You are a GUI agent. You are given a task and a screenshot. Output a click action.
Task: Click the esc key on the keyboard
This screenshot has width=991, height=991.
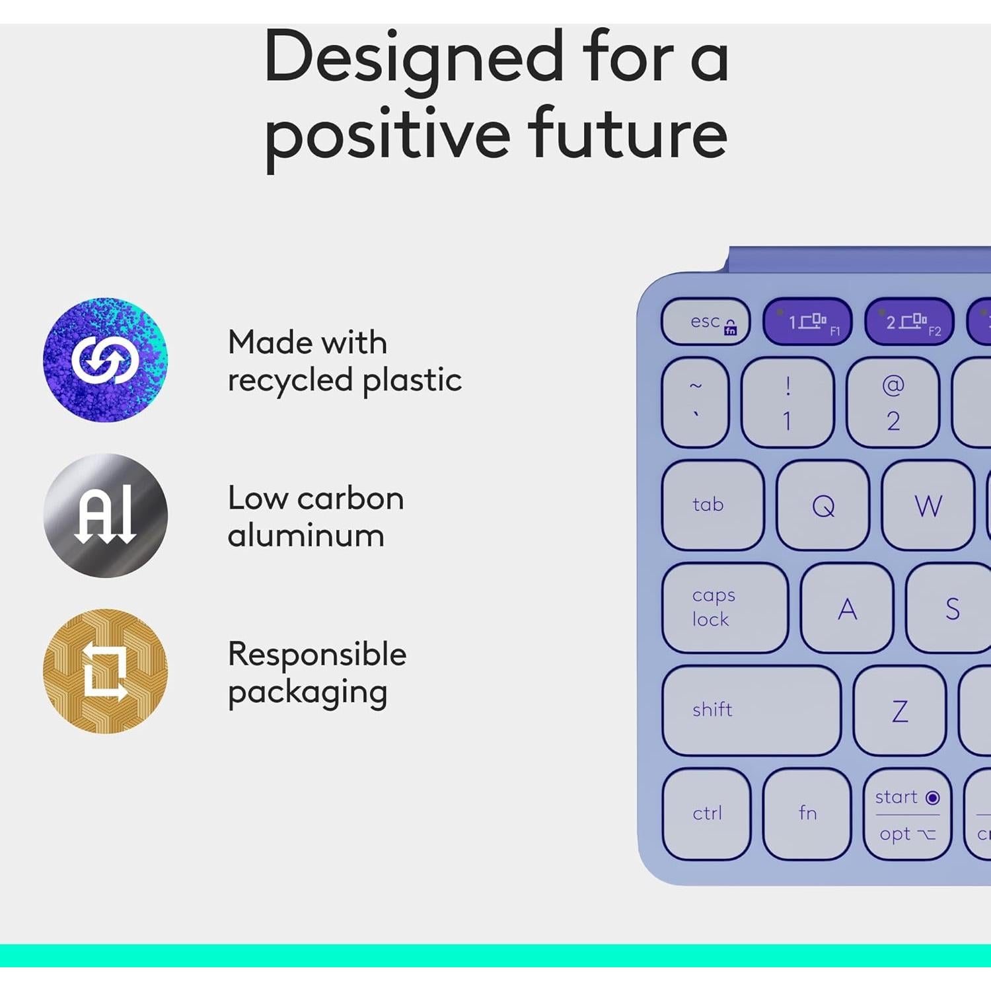pos(706,322)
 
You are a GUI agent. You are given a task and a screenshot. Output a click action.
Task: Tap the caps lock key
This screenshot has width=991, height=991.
pos(725,608)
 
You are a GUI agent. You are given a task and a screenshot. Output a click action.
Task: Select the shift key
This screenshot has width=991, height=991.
pos(751,710)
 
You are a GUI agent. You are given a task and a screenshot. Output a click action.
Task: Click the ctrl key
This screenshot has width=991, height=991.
pos(707,813)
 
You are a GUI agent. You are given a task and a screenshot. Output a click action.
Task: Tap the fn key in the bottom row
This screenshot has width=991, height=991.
pos(807,813)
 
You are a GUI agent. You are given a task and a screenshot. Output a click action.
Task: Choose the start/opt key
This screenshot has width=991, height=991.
pos(907,814)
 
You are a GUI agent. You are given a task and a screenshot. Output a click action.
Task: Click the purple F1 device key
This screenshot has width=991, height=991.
pos(807,322)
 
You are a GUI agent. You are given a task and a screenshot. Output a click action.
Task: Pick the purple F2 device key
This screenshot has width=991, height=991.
pos(909,322)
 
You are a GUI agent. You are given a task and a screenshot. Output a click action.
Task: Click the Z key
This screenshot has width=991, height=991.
pos(899,711)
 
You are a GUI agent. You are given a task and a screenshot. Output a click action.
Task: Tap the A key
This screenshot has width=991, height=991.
pos(847,608)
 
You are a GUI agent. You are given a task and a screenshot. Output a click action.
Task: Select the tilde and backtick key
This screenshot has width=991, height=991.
pos(696,402)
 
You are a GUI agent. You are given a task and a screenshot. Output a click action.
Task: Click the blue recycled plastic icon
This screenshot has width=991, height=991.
pos(106,360)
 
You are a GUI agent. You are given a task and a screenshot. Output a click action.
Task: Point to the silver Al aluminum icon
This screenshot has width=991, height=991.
pos(106,515)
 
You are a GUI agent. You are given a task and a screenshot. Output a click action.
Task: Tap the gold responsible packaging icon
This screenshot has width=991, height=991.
pos(106,671)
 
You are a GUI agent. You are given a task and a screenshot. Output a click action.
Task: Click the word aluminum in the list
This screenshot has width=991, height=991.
pos(306,536)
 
